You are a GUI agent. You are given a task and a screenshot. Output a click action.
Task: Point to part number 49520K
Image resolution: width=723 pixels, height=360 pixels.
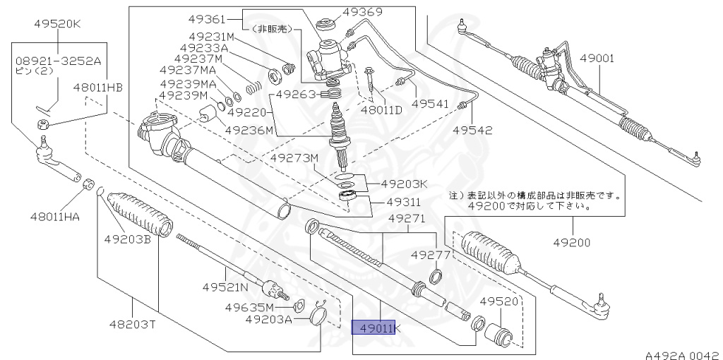click(x=58, y=23)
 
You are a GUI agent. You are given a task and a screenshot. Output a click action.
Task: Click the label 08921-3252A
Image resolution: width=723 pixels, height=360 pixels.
click(x=59, y=61)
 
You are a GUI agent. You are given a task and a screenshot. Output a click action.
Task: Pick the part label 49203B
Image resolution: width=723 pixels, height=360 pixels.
click(x=128, y=239)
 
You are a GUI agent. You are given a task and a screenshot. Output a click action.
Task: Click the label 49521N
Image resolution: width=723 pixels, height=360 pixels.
click(x=225, y=287)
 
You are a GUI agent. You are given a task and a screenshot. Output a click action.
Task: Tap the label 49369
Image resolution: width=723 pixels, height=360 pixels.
click(x=362, y=11)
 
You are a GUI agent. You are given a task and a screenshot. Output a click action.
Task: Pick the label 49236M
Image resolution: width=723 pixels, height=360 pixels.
click(x=249, y=130)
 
